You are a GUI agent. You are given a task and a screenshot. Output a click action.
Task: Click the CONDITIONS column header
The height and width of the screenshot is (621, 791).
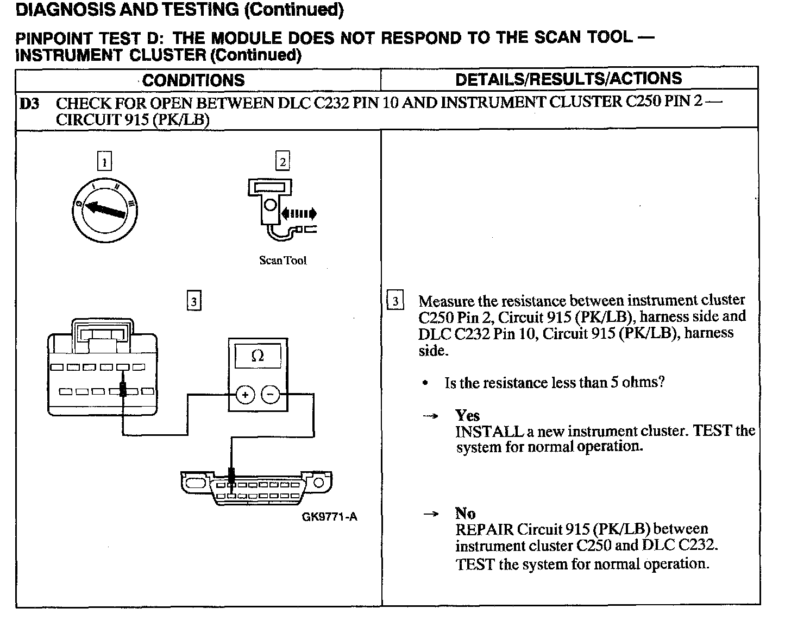tap(193, 80)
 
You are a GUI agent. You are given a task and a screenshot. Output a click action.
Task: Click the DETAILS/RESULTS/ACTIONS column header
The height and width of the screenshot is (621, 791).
tap(568, 79)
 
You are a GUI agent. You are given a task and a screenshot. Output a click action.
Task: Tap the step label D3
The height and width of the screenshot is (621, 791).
tap(29, 103)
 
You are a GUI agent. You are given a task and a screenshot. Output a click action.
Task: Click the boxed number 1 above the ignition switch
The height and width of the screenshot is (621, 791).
tap(104, 161)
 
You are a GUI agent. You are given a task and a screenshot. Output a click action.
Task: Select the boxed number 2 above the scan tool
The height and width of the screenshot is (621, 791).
tap(282, 161)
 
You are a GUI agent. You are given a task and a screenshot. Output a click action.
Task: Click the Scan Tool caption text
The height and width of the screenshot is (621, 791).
tap(282, 261)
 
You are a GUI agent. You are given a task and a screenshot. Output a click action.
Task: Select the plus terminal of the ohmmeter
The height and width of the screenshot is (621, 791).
tap(245, 395)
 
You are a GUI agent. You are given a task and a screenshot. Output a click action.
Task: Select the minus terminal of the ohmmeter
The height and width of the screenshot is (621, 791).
tap(271, 395)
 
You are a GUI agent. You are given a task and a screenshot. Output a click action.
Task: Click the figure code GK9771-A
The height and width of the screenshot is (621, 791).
tap(329, 517)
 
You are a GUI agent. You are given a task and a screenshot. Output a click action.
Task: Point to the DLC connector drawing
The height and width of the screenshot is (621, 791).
tap(256, 486)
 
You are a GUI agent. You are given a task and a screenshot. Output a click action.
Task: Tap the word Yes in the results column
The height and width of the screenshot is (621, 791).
tap(467, 416)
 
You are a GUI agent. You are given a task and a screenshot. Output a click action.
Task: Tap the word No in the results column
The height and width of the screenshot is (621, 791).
tap(465, 514)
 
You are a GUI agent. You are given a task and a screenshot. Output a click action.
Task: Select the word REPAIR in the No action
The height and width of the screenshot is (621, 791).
tap(485, 529)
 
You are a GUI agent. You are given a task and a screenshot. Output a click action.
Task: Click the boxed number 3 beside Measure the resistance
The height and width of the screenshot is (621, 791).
tap(395, 301)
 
